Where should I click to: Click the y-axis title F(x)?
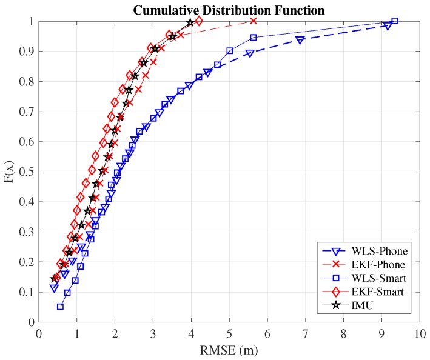10,172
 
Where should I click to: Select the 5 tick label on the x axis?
229,333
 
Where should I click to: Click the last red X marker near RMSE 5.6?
254,21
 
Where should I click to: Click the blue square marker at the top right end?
395,21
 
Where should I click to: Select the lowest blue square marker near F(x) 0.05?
60,307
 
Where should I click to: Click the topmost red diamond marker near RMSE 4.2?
199,21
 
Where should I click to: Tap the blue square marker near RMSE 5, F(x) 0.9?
230,51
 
